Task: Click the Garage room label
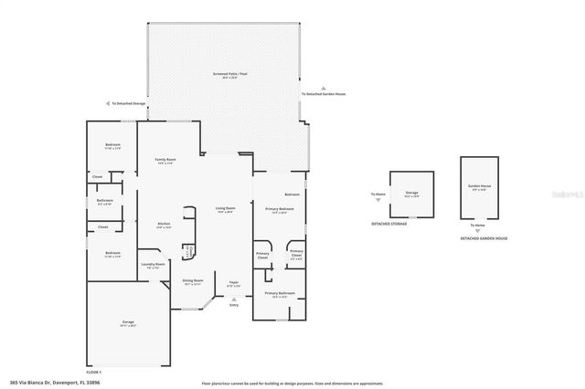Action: [128, 322]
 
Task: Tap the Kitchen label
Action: [164, 225]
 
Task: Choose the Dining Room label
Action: [192, 281]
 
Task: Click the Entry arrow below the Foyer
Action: [234, 300]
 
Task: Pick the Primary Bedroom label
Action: [280, 209]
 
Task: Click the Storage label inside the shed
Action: [411, 193]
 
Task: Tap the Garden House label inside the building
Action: [480, 187]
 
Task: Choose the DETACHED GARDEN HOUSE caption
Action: [484, 238]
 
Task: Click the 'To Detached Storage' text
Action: [128, 103]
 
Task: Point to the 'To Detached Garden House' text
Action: [323, 95]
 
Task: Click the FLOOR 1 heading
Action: [93, 372]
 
